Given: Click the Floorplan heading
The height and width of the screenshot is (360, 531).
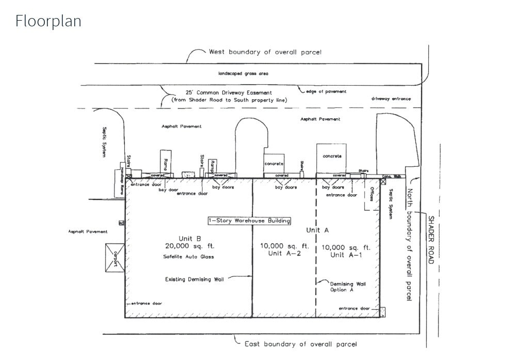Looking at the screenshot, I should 48,21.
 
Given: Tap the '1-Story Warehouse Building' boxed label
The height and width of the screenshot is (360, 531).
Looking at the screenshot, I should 249,221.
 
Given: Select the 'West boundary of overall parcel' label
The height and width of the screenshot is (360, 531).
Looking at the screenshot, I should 265,52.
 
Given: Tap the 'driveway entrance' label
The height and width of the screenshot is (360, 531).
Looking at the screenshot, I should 391,99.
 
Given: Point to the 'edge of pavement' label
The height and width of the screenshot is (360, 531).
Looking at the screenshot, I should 326,91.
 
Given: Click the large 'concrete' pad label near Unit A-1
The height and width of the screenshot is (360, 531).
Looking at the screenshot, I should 332,156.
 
